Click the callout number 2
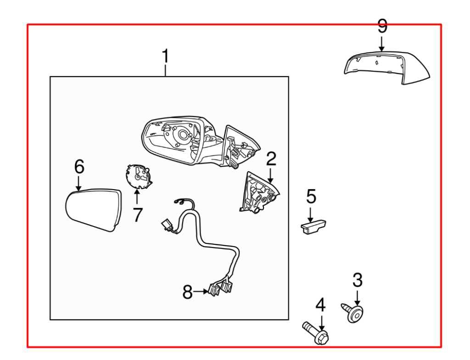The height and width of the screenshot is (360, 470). pyautogui.click(x=271, y=158)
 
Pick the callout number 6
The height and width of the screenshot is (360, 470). pyautogui.click(x=79, y=167)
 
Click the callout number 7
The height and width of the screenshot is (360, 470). pyautogui.click(x=138, y=214)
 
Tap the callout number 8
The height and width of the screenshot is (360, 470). pyautogui.click(x=187, y=292)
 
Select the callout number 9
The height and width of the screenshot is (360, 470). pyautogui.click(x=382, y=26)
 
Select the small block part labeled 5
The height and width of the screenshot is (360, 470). pyautogui.click(x=313, y=226)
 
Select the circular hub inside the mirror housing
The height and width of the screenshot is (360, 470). pyautogui.click(x=184, y=135)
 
